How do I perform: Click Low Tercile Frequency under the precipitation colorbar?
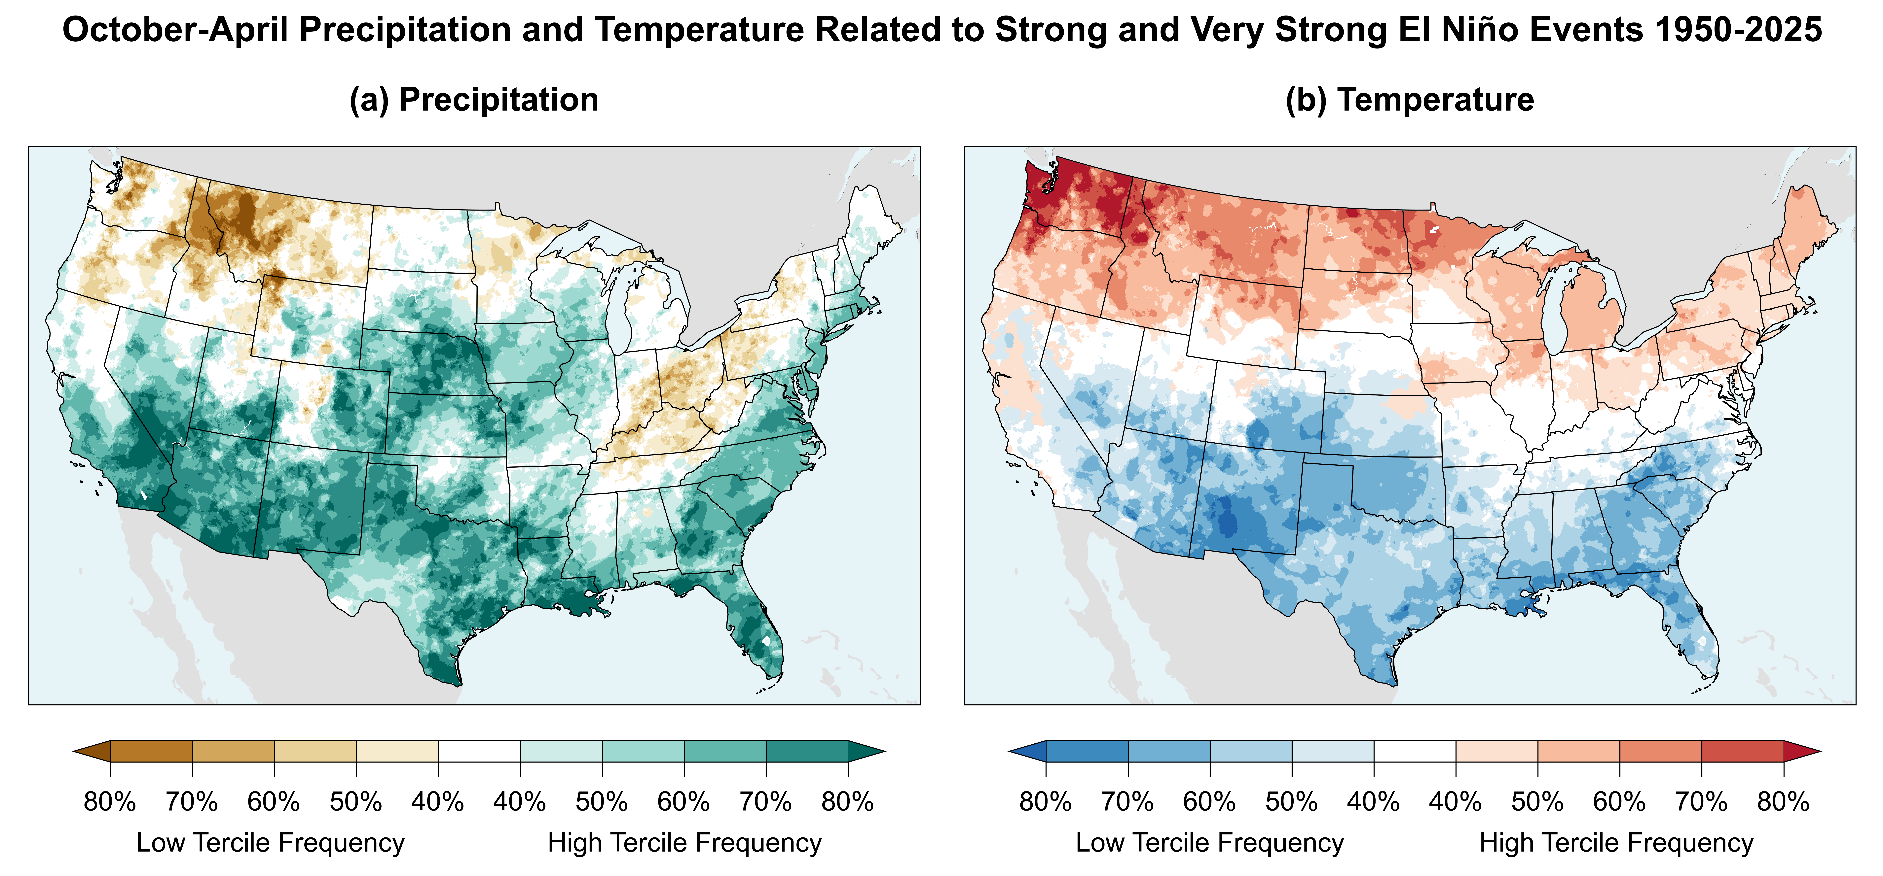[x=271, y=842]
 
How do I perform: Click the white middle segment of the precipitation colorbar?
[x=479, y=751]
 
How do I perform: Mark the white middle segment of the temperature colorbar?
[x=1415, y=751]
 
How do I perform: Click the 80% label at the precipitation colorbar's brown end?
[x=110, y=802]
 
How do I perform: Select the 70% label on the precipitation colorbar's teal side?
[x=765, y=802]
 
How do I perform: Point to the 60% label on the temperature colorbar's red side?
[x=1619, y=802]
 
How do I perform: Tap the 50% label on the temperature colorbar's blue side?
[x=1292, y=802]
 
